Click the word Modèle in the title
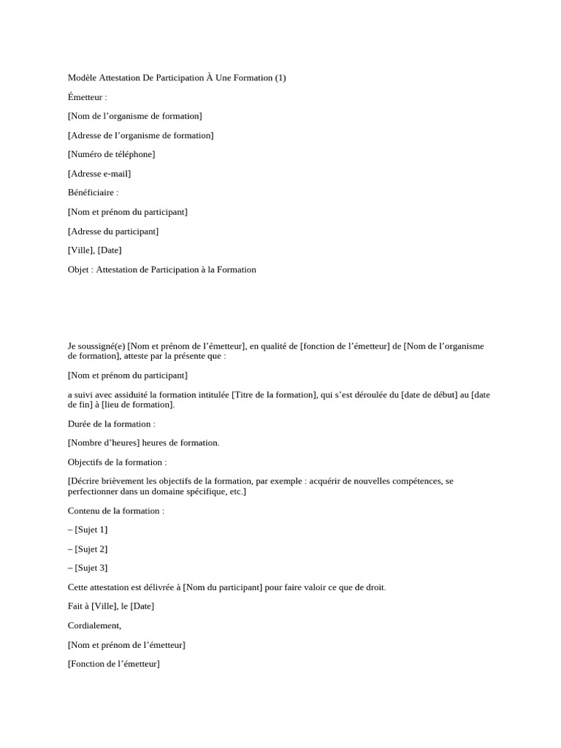[x=83, y=77]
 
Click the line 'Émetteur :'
[x=87, y=96]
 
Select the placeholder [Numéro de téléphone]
[x=111, y=154]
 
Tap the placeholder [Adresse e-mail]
[x=99, y=173]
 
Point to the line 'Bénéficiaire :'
[x=93, y=192]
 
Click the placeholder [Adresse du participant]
[x=113, y=231]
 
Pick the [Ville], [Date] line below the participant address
[x=95, y=250]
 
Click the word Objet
[x=79, y=270]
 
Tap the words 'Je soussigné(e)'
[x=96, y=346]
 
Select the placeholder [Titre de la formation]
[x=274, y=394]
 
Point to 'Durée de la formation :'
[x=112, y=424]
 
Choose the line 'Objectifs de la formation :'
[x=117, y=462]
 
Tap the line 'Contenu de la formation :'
[x=116, y=511]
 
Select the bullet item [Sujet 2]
[x=91, y=549]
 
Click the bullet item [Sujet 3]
[x=91, y=568]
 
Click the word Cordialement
[x=94, y=625]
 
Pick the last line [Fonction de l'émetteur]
[x=113, y=664]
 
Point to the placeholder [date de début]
[x=435, y=394]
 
